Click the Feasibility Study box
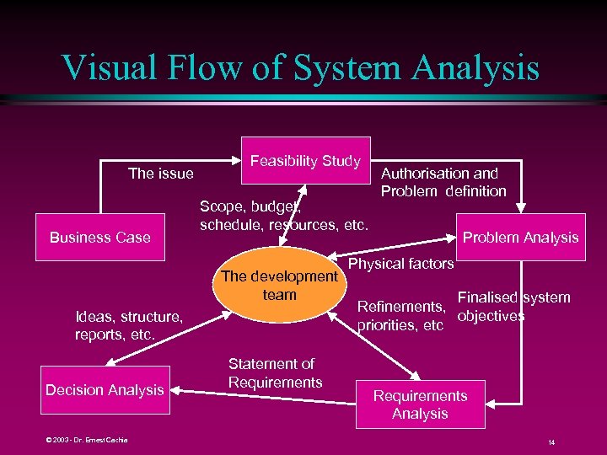pyautogui.click(x=306, y=160)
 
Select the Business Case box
pyautogui.click(x=99, y=238)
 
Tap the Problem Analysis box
pyautogui.click(x=520, y=238)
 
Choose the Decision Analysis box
pyautogui.click(x=105, y=390)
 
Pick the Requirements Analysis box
pyautogui.click(x=420, y=404)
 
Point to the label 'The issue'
pyautogui.click(x=160, y=174)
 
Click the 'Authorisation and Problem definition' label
pyautogui.click(x=443, y=182)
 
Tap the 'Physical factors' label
pyautogui.click(x=400, y=264)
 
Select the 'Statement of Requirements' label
pyautogui.click(x=275, y=373)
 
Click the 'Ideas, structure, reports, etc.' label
pyautogui.click(x=128, y=325)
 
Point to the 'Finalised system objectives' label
pyautogui.click(x=513, y=307)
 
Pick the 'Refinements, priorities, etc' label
pyautogui.click(x=400, y=316)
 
